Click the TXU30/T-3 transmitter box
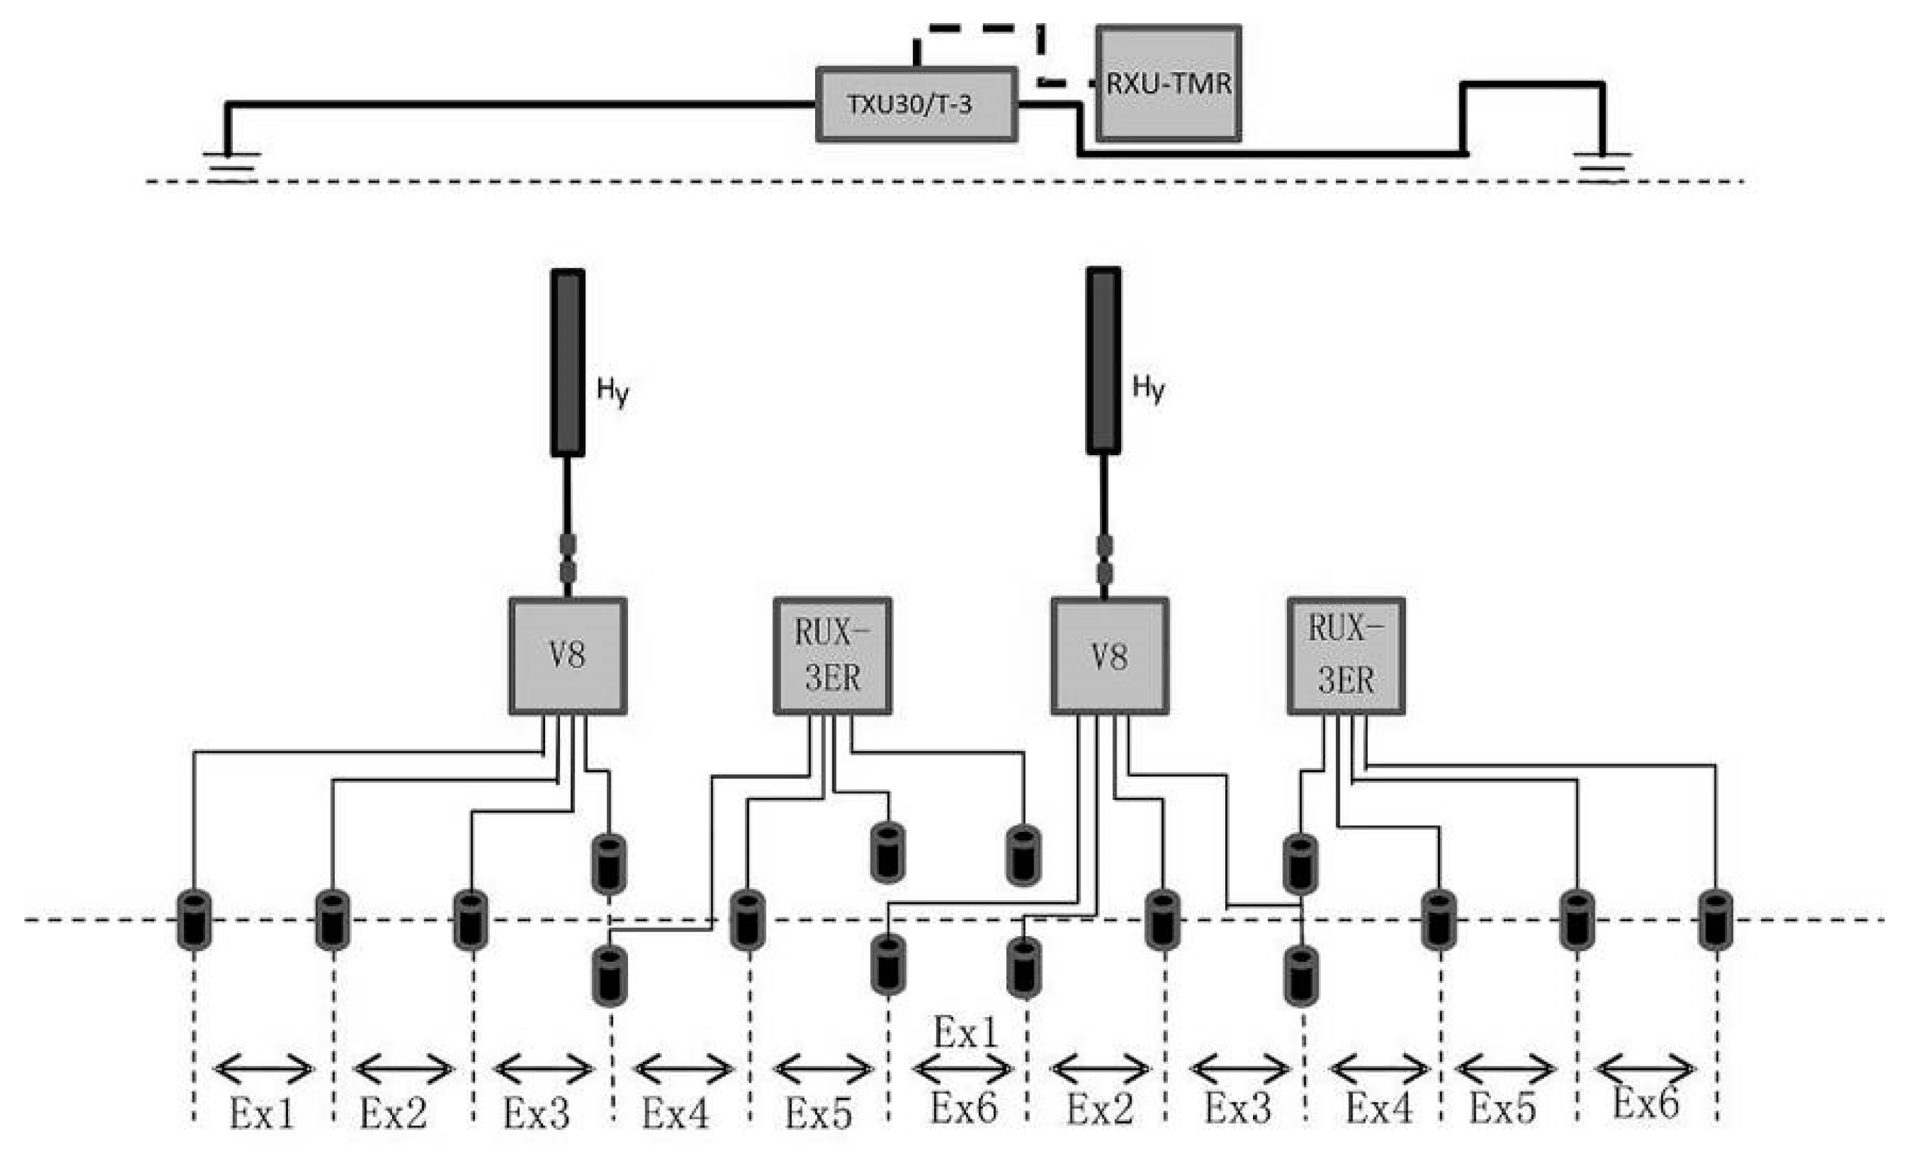[916, 104]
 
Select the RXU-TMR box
[1168, 84]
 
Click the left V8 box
[567, 655]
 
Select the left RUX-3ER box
[832, 655]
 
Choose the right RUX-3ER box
[1345, 655]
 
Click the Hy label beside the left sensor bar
[613, 390]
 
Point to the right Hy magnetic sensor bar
[1103, 361]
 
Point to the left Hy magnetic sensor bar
[567, 362]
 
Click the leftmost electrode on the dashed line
[193, 920]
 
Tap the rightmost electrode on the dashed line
[1715, 920]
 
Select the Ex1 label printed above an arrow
[966, 1031]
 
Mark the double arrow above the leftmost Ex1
[263, 1070]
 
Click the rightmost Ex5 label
[1502, 1108]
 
